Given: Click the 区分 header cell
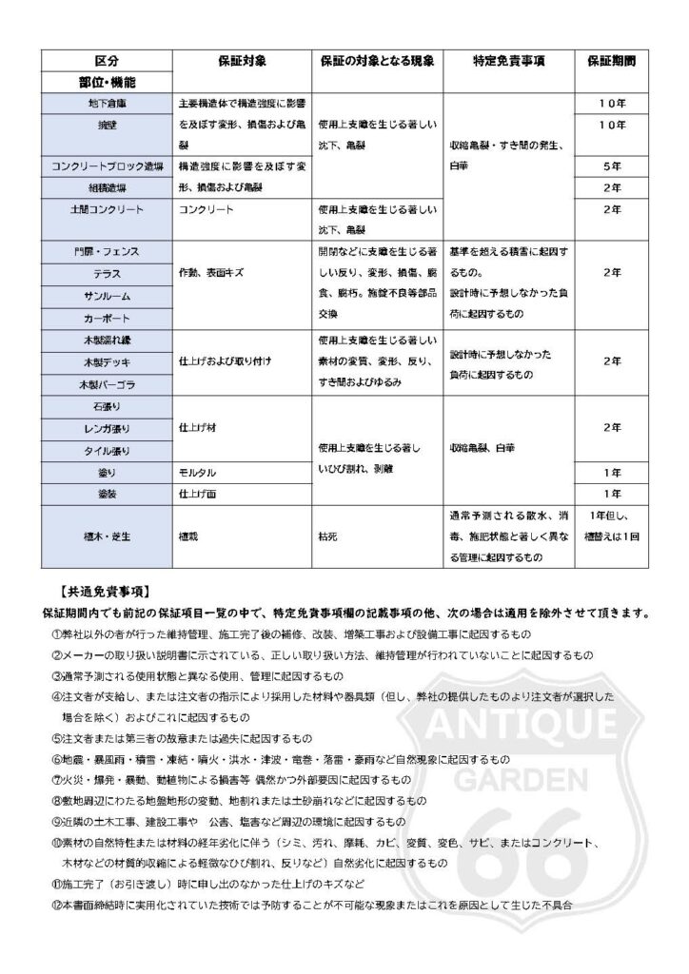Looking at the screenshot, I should point(107,60).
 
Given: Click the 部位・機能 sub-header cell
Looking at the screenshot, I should point(106,81).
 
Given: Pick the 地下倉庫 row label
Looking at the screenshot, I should point(107,102).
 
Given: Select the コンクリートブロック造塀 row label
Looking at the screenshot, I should point(107,166).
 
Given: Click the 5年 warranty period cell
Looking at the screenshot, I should point(612,166).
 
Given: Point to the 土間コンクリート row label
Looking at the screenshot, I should point(107,208).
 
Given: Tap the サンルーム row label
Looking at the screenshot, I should point(107,296).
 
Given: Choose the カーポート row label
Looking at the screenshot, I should point(107,318).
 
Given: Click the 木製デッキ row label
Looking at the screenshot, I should point(107,362).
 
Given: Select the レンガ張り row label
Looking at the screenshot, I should point(107,428).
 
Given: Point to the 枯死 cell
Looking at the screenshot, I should point(329,536).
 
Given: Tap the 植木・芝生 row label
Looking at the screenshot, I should point(107,536).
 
